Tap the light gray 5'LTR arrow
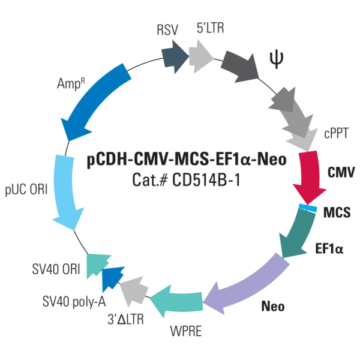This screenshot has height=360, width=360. point(201,55)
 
